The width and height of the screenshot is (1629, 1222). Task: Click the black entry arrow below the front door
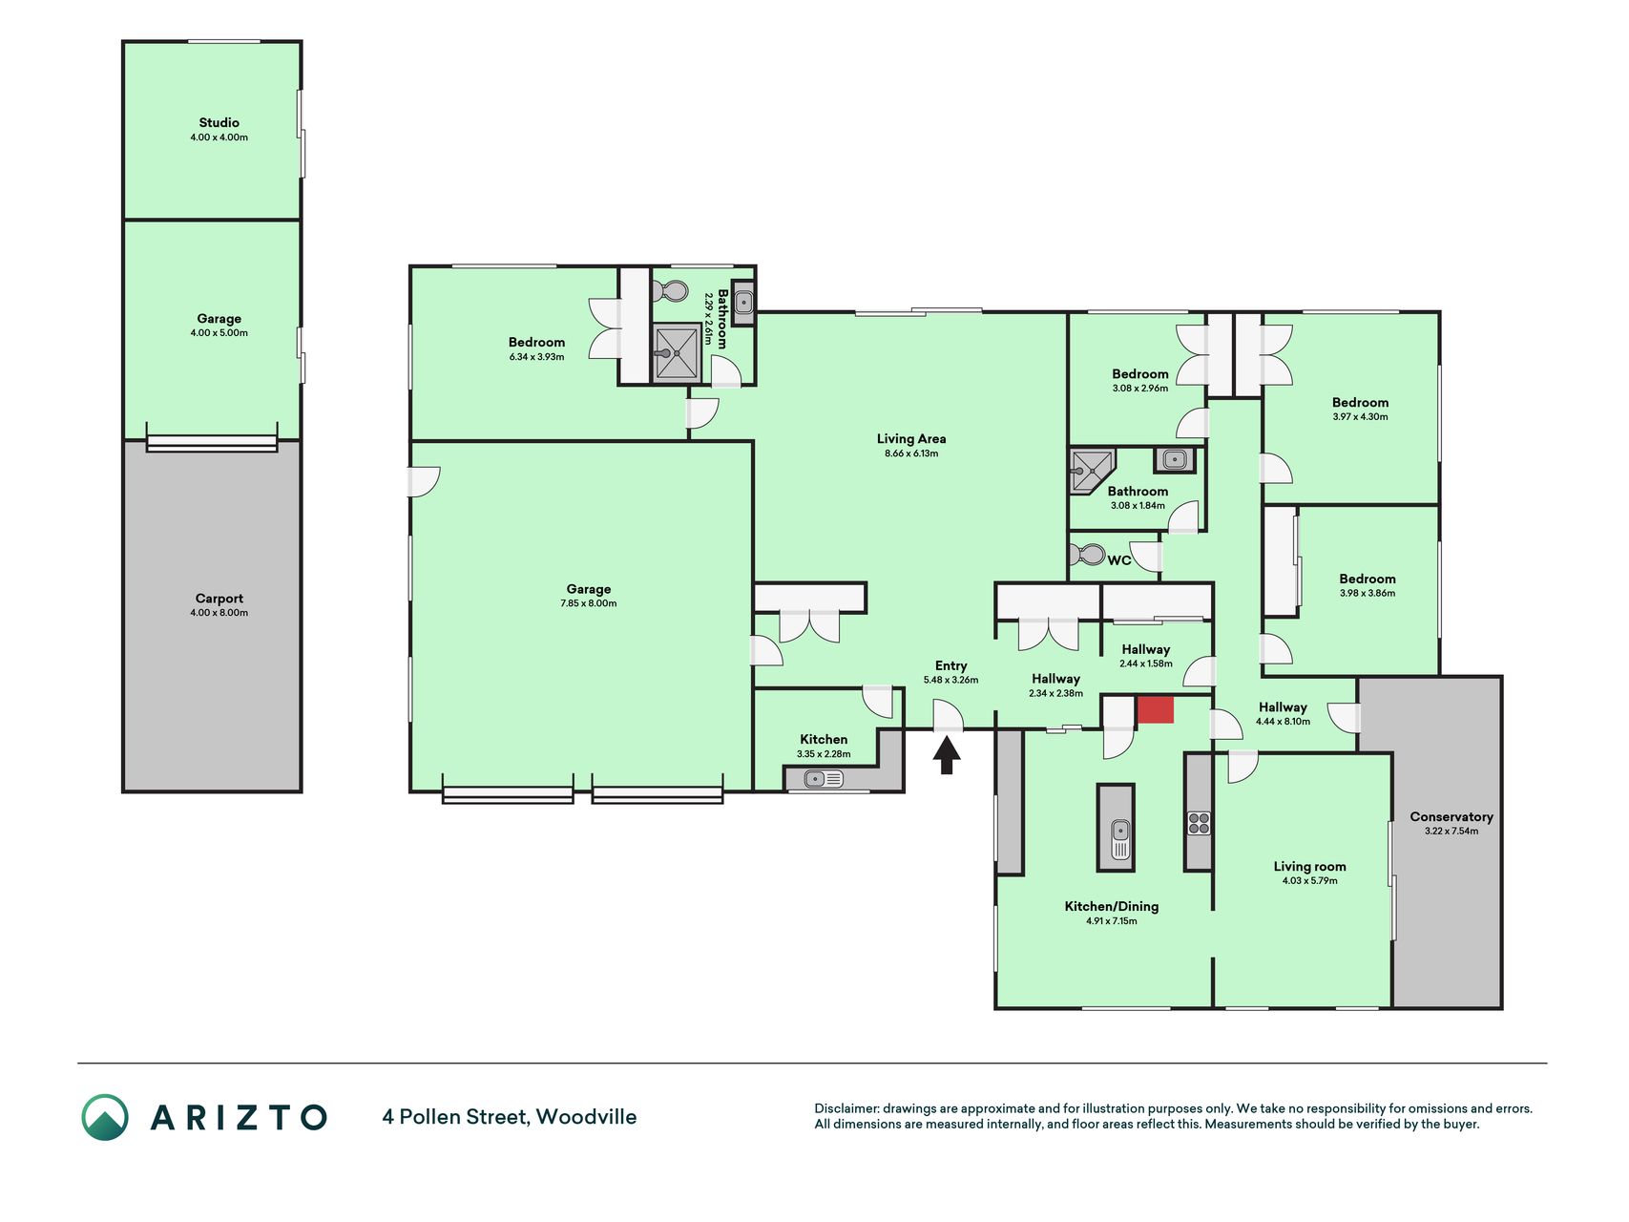pos(946,755)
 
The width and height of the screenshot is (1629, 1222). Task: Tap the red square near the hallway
pos(1155,709)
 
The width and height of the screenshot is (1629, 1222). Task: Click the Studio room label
pos(219,122)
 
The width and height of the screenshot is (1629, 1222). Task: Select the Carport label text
pos(219,599)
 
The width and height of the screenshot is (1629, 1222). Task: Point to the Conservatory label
pos(1451,816)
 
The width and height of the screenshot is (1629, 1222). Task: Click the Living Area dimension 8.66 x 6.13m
pos(911,453)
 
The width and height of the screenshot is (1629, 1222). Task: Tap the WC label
pos(1118,560)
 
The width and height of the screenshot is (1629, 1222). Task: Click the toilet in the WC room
pos(1087,555)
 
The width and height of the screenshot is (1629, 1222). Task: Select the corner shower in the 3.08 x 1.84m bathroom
pos(1092,470)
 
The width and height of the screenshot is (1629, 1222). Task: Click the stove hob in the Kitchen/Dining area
pos(1199,823)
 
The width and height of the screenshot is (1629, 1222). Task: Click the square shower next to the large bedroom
pos(677,352)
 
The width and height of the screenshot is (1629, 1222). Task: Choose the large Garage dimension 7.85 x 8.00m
pos(589,603)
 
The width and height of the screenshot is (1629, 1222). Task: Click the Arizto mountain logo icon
pos(105,1117)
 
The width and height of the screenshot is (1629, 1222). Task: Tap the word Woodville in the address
pos(586,1117)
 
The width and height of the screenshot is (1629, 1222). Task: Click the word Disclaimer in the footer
pos(846,1108)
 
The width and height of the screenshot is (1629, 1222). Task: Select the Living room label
pos(1309,867)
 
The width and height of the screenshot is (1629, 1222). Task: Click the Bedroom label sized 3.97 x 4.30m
pos(1360,403)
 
